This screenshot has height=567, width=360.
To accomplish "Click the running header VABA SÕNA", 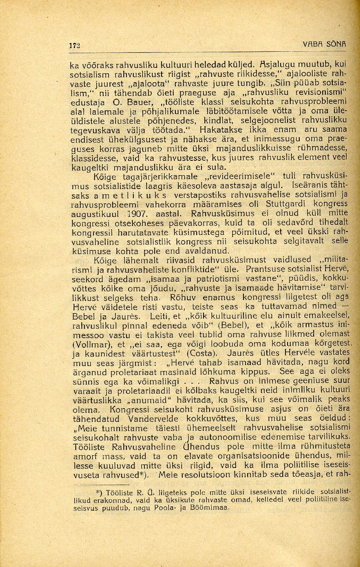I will click(325, 44).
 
